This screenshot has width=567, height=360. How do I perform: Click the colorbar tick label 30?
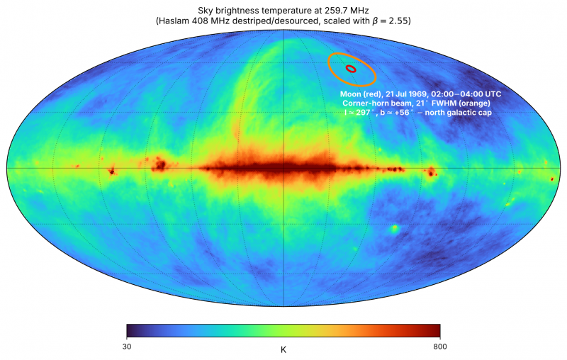[x=127, y=347]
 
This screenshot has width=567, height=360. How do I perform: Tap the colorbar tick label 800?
[x=440, y=347]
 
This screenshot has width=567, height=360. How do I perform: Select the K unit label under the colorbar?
[x=283, y=350]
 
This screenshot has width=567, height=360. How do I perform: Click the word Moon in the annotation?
[x=350, y=94]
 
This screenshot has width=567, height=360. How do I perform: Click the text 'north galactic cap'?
[x=458, y=113]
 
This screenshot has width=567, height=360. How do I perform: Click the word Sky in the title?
[x=204, y=11]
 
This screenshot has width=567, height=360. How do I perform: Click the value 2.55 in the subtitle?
[x=399, y=21]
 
